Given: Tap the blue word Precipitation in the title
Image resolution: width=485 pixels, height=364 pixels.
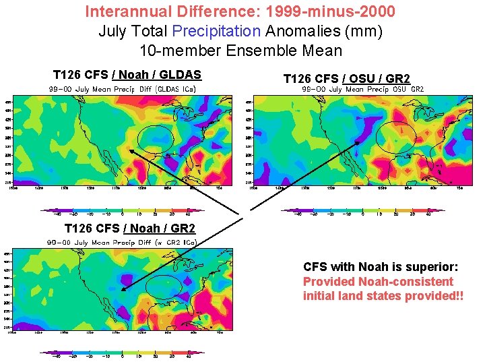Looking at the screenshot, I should click(217, 31).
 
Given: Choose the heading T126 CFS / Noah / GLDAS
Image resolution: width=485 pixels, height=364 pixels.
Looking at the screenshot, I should click(127, 75).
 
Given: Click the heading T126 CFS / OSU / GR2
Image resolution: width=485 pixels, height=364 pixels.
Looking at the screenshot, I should click(346, 79).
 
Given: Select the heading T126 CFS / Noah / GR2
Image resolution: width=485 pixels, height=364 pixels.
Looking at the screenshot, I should click(129, 229).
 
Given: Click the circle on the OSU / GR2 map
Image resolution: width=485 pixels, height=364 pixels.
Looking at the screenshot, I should click(395, 137).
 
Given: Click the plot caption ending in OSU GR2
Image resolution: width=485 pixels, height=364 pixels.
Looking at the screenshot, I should click(362, 89).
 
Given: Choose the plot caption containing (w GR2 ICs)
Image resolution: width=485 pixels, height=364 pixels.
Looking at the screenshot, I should click(121, 242).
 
